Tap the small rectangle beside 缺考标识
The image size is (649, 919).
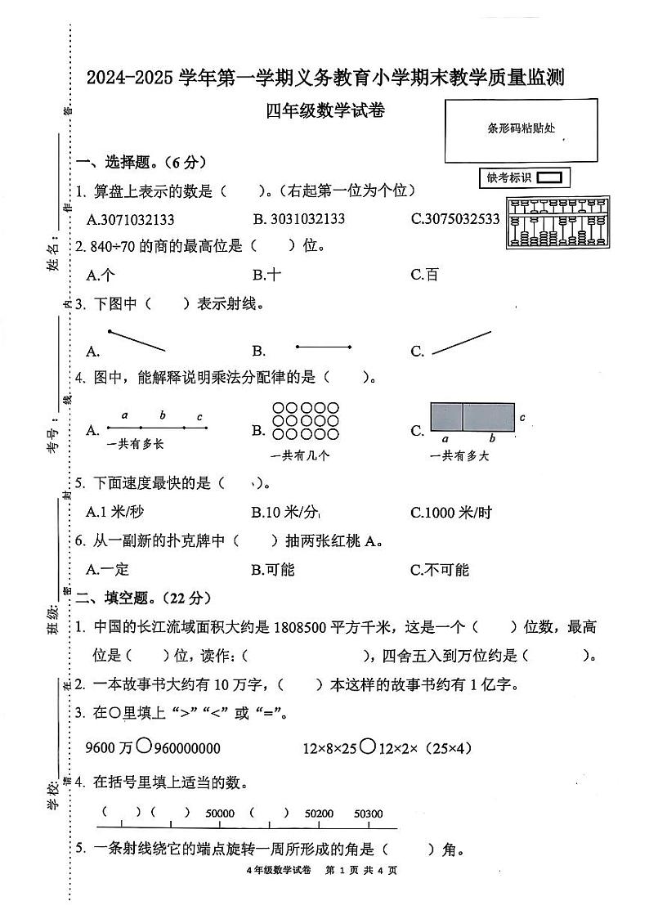[549, 177]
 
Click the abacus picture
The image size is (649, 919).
[558, 222]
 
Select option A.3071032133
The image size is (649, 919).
[130, 219]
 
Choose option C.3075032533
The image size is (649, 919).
[455, 219]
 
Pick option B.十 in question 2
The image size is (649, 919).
[266, 275]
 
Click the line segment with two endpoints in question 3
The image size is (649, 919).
[324, 347]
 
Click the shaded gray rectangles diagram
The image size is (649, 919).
[472, 417]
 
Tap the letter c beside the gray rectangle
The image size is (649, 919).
[522, 418]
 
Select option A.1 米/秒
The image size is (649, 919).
[115, 513]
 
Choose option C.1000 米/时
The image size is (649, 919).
[451, 513]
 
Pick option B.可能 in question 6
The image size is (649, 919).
[273, 570]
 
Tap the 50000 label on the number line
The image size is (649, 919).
[220, 814]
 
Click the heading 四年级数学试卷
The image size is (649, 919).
[324, 112]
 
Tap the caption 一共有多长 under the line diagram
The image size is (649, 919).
[136, 444]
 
